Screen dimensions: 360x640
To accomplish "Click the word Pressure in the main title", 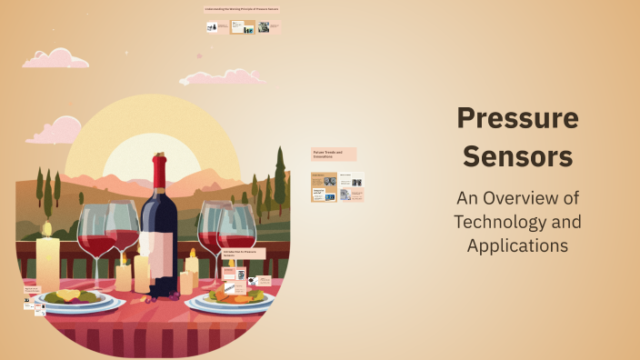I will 517,118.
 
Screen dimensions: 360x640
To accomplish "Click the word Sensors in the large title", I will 517,156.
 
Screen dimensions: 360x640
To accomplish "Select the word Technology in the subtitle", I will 517,222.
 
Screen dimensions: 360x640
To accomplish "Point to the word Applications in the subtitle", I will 517,245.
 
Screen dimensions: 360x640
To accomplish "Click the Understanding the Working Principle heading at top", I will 242,9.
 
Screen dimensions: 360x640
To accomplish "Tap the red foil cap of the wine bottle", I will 161,169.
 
